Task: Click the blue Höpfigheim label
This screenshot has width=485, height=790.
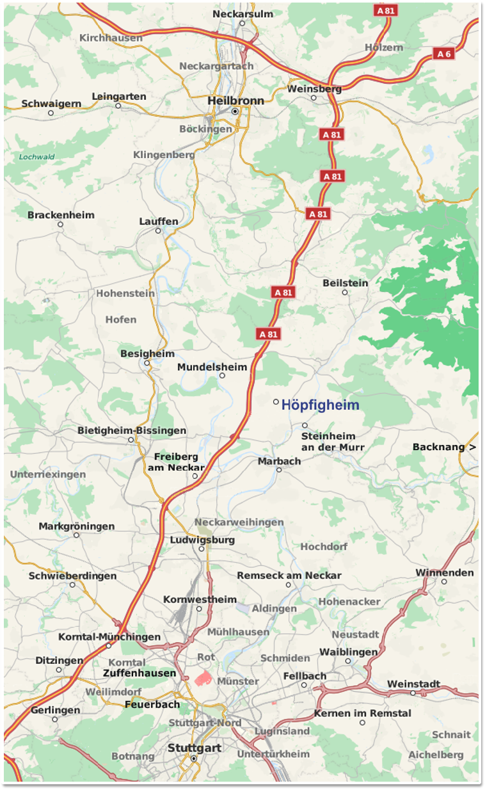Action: pyautogui.click(x=320, y=405)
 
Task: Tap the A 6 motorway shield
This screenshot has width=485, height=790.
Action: pyautogui.click(x=443, y=54)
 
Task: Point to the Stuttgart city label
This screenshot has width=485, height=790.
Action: pyautogui.click(x=195, y=748)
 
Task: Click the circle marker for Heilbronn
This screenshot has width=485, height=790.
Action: pyautogui.click(x=235, y=111)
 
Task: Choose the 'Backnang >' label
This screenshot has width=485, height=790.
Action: pyautogui.click(x=444, y=447)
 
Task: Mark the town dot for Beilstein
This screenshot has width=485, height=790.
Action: pyautogui.click(x=345, y=293)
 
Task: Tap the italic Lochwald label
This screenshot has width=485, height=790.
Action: pyautogui.click(x=36, y=156)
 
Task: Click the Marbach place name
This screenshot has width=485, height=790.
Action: pyautogui.click(x=279, y=461)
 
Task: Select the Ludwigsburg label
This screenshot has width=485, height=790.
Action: pyautogui.click(x=202, y=540)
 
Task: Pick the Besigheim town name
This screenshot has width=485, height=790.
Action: pyautogui.click(x=147, y=353)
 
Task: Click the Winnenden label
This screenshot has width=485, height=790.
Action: pyautogui.click(x=445, y=572)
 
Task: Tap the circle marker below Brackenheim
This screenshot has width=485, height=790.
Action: pyautogui.click(x=61, y=225)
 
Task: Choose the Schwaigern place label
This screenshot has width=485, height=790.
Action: pyautogui.click(x=51, y=103)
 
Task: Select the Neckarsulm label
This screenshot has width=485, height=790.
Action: pyautogui.click(x=242, y=13)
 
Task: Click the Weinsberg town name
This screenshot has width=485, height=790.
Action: pyautogui.click(x=314, y=89)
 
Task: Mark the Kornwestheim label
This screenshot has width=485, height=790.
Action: pyautogui.click(x=200, y=599)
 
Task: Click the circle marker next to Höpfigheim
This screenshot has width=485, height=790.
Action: pyautogui.click(x=276, y=402)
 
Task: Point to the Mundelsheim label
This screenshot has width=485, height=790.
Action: pyautogui.click(x=212, y=367)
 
